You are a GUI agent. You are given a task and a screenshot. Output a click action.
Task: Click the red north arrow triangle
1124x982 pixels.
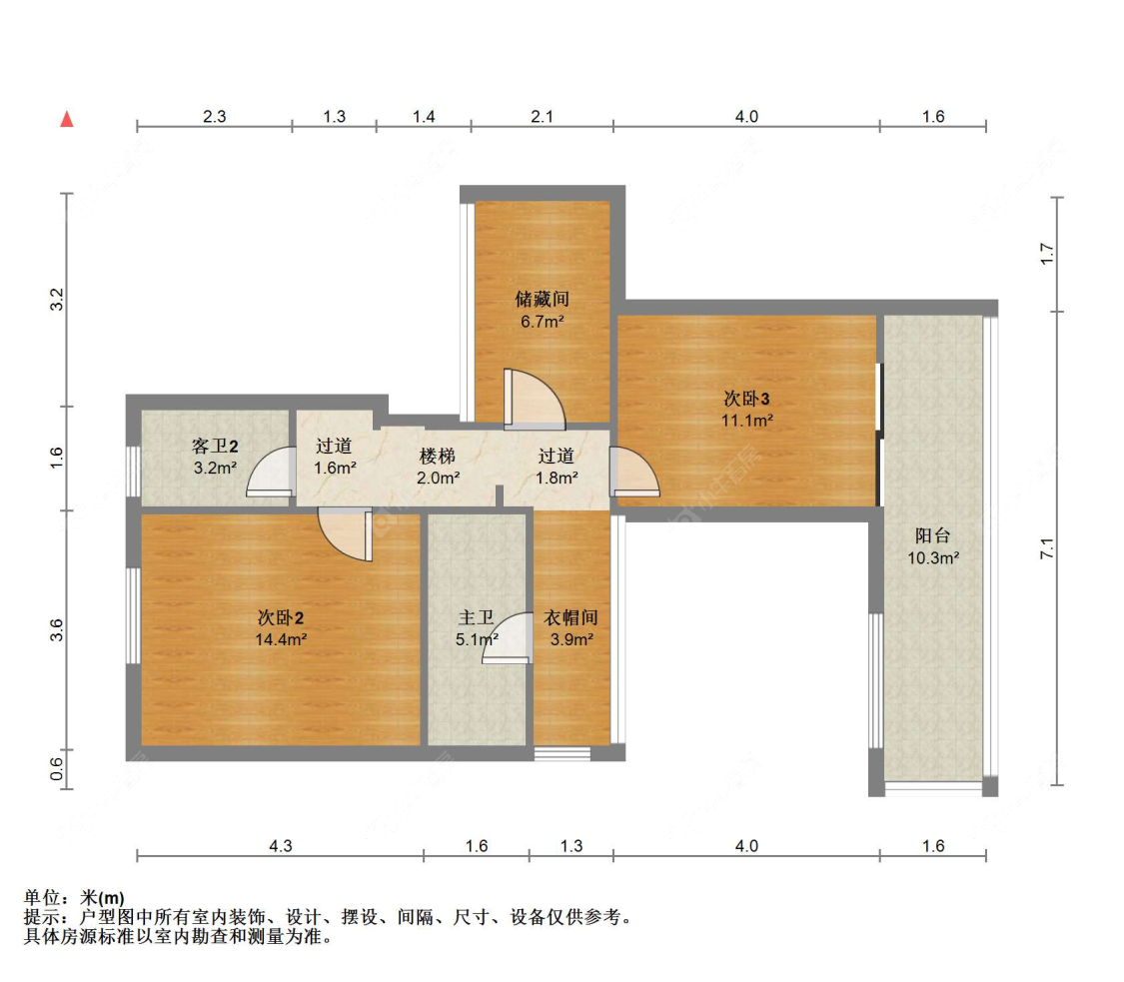[67, 119]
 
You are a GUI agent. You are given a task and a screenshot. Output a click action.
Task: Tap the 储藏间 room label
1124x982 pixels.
[542, 299]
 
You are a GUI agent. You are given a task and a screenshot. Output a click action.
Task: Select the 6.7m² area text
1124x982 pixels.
[542, 321]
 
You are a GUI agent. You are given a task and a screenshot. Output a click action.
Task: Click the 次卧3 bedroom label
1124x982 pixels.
[747, 398]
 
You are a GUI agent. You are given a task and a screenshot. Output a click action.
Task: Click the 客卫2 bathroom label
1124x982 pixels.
[214, 445]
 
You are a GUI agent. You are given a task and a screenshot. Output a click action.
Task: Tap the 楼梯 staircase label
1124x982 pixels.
[439, 456]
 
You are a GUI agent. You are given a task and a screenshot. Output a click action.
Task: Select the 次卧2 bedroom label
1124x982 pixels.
[281, 616]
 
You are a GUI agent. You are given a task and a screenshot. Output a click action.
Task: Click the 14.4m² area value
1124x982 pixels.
[281, 639]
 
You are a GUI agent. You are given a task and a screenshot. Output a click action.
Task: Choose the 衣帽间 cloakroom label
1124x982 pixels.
[570, 617]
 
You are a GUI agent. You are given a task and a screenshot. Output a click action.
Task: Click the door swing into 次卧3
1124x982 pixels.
[633, 472]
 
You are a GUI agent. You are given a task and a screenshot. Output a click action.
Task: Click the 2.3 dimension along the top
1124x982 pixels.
[214, 116]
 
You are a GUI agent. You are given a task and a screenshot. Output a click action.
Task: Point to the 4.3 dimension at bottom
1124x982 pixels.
[281, 846]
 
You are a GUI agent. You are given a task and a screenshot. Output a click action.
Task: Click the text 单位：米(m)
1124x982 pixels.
[74, 898]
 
